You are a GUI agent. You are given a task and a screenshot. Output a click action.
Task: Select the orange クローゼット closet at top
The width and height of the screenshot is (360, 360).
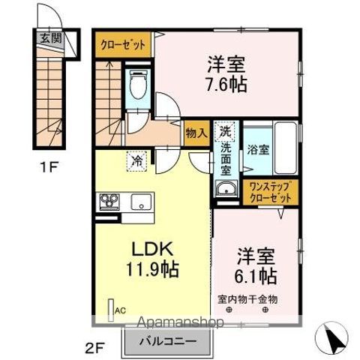pos(123,44)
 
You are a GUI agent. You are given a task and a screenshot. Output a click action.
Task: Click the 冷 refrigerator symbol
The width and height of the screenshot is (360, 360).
pos(137,159)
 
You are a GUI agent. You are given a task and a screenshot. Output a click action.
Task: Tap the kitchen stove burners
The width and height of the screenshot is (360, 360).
pos(109,202)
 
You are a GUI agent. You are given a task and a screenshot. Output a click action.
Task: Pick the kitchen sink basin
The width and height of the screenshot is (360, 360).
pos(139,202)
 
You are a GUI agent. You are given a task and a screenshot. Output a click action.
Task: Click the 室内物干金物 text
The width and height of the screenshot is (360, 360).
pos(248,299)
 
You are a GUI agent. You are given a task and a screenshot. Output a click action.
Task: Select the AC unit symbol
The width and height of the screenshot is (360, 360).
pos(112,308)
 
